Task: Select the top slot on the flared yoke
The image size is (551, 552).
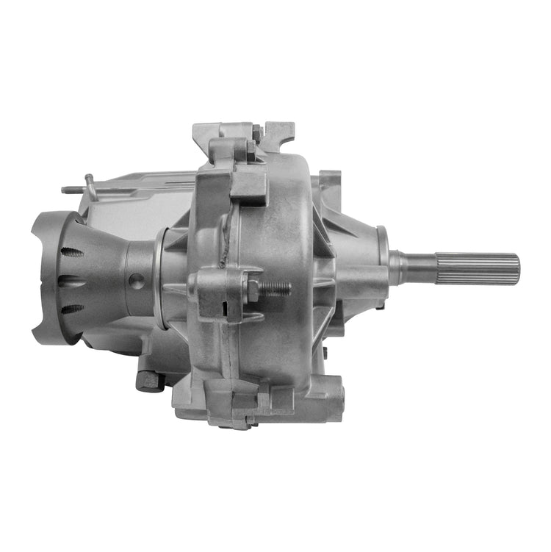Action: [72, 252]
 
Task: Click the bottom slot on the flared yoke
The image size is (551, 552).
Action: [72, 308]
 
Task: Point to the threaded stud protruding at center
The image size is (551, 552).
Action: [275, 288]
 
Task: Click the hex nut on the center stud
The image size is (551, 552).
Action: [253, 289]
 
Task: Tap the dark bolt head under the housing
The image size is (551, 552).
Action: [149, 380]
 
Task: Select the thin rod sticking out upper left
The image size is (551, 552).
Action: [77, 189]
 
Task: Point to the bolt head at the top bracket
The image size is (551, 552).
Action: [257, 132]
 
